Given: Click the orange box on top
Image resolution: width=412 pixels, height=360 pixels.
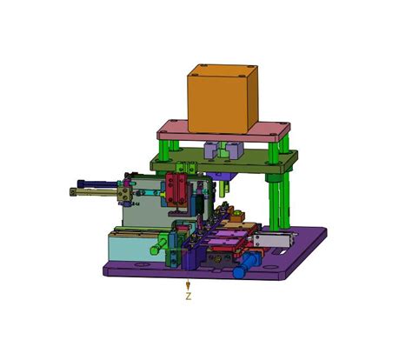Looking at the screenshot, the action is [x=223, y=98].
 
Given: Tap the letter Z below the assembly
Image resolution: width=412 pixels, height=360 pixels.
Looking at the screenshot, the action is [x=189, y=297].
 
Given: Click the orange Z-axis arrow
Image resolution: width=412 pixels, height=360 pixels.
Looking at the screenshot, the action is [x=188, y=284].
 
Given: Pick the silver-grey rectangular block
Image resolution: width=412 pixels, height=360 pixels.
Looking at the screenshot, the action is [x=273, y=241].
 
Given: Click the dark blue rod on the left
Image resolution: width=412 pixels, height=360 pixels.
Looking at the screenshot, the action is [x=97, y=183].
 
